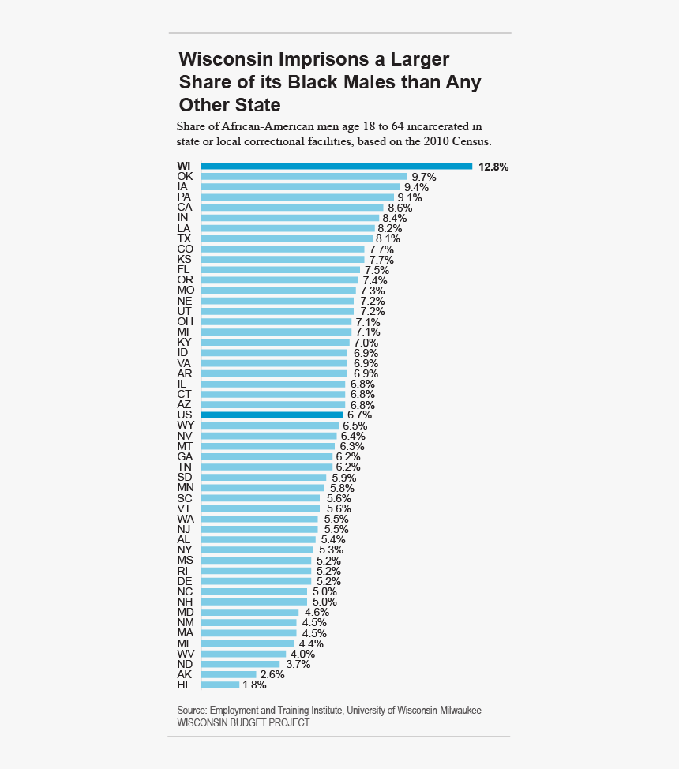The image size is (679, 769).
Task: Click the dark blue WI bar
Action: coord(336,166)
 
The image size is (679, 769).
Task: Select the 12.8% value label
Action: coord(493,167)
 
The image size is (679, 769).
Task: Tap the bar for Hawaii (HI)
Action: coord(220,685)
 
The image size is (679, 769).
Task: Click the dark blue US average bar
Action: coord(272,415)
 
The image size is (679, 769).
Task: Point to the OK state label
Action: coord(185,176)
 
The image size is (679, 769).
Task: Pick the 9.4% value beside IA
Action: coord(416,187)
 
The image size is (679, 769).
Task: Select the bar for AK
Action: coord(228,674)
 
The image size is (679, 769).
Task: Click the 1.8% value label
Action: coord(254,685)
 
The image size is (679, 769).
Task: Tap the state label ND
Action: coord(185,664)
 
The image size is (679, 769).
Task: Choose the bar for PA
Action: coord(297,197)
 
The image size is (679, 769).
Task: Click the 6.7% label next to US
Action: coord(358,415)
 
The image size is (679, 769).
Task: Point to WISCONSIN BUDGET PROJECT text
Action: coord(243,722)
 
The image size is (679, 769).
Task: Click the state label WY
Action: coord(186,425)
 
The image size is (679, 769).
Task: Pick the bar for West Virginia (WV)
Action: coord(243,654)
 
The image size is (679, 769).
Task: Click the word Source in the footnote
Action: coord(191,711)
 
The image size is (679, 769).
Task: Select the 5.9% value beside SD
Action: coord(343,478)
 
